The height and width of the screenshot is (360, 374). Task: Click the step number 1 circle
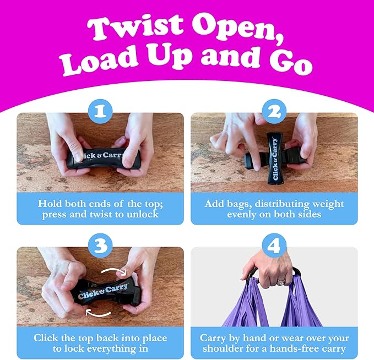coord(100,111)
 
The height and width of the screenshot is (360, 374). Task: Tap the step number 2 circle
coord(274,111)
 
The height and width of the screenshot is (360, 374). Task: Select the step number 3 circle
coord(100,246)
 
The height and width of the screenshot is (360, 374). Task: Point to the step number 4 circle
coord(274,246)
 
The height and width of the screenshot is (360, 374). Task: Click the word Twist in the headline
coord(135,27)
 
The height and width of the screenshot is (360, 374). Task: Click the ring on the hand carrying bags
coord(281,283)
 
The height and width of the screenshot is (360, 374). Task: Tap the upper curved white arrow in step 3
coord(113,269)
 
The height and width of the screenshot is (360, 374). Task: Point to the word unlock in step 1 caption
coord(143,214)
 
